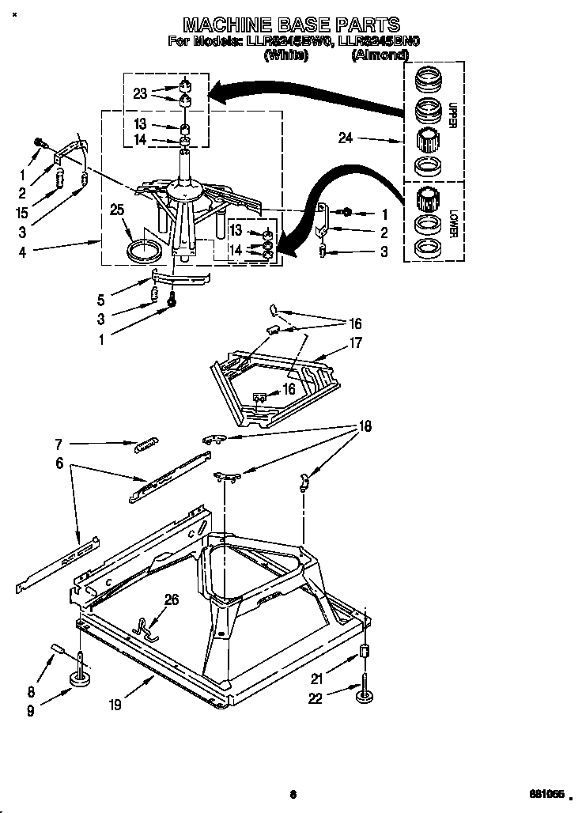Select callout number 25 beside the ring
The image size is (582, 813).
(118, 210)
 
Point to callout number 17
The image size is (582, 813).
(355, 342)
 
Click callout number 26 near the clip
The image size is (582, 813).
(171, 599)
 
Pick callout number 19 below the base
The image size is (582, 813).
(115, 704)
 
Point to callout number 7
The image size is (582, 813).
(58, 445)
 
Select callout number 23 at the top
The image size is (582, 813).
(140, 93)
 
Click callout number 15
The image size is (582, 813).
(23, 213)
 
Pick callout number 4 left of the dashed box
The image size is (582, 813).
(23, 252)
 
